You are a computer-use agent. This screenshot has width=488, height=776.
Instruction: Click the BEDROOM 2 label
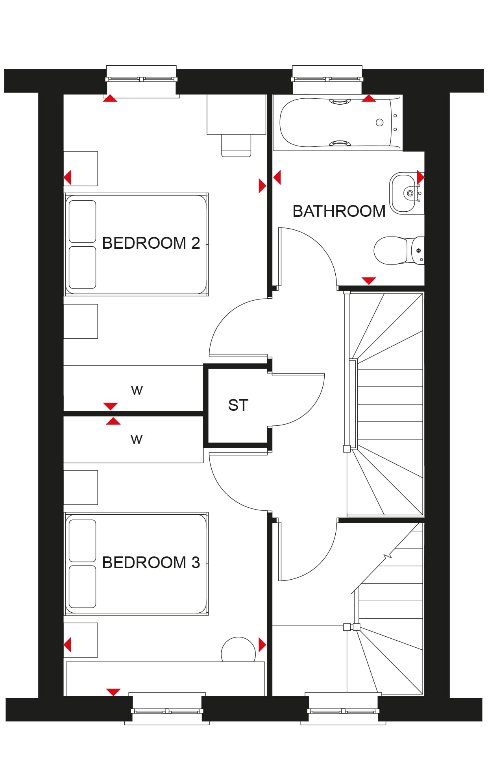[151, 243]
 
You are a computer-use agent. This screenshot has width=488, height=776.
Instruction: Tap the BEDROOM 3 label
[151, 562]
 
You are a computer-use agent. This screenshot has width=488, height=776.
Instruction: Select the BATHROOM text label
[339, 211]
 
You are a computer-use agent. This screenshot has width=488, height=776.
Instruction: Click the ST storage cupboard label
[238, 405]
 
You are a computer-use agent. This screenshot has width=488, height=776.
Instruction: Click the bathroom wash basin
[406, 193]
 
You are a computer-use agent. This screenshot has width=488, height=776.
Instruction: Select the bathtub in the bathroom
[338, 122]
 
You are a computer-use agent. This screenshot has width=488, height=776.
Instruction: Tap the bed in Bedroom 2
[136, 244]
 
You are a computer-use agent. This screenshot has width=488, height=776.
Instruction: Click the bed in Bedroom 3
[136, 564]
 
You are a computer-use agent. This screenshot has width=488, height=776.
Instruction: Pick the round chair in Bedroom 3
[238, 650]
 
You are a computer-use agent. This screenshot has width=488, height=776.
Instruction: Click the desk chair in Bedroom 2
[236, 146]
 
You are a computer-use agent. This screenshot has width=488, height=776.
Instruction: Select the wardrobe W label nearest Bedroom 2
[137, 390]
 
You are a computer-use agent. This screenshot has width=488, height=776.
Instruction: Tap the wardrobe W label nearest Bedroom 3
[137, 439]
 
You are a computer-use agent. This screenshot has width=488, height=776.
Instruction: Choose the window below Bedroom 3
[167, 711]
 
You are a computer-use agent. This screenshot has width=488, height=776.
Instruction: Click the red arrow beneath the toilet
[369, 281]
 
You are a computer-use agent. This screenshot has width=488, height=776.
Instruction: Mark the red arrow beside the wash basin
[421, 177]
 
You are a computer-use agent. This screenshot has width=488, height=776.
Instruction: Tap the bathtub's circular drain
[380, 122]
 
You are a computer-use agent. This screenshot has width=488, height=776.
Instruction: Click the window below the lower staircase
[343, 711]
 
